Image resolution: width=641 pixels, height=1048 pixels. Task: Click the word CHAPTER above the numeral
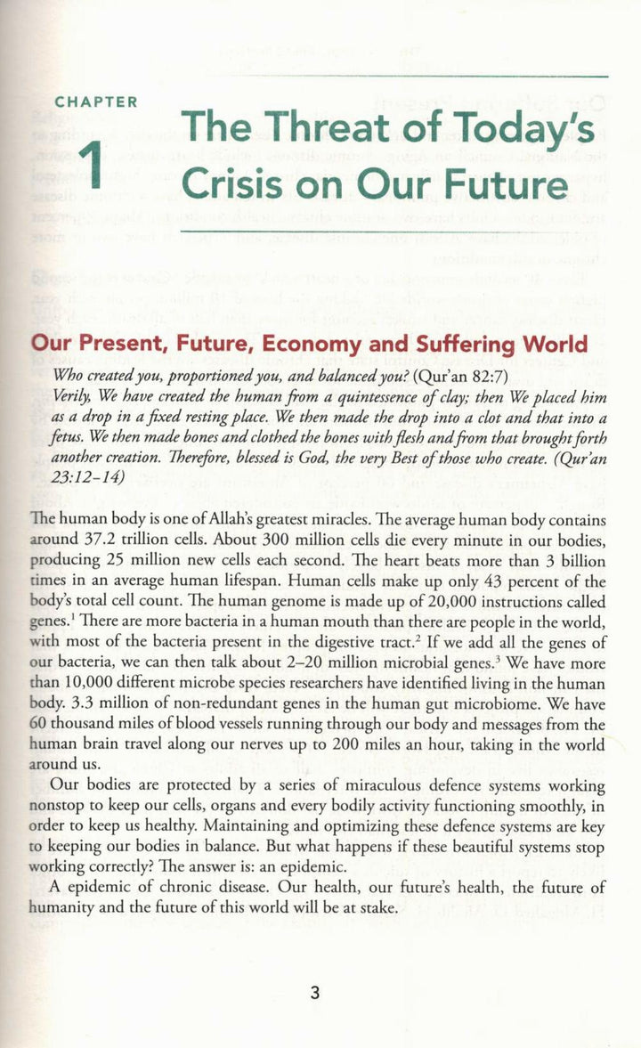[x=96, y=102]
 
